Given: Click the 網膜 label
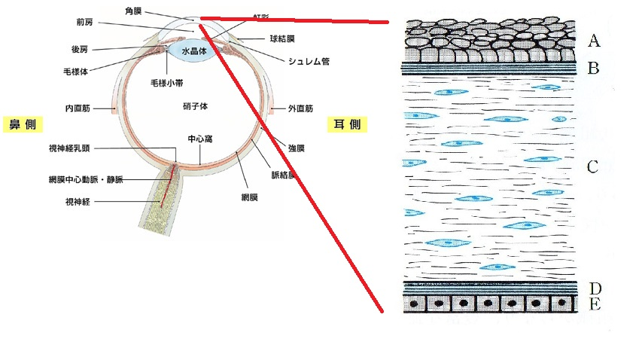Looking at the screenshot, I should click(x=250, y=197).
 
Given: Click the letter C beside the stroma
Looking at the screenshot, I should click(x=593, y=166).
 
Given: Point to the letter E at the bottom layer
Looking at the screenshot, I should click(x=594, y=305).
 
